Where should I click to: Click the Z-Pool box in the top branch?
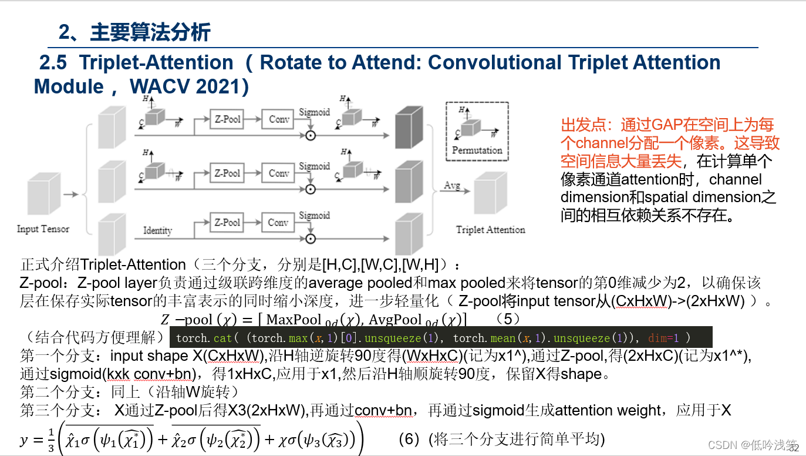coord(227,119)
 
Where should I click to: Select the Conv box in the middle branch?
coord(279,173)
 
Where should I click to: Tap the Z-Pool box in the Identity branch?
coord(227,223)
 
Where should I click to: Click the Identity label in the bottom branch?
coord(157,230)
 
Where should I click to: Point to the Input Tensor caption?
coord(43,229)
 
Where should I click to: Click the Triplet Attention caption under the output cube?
coord(490,229)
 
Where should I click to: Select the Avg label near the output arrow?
coord(451,185)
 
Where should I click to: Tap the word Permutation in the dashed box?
coord(477,150)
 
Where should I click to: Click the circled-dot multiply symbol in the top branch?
coord(311,135)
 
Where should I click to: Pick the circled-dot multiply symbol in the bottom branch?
coord(311,239)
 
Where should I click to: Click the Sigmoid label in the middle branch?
coord(314,166)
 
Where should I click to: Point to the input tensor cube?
coord(43,197)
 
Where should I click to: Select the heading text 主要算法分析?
coord(150,32)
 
